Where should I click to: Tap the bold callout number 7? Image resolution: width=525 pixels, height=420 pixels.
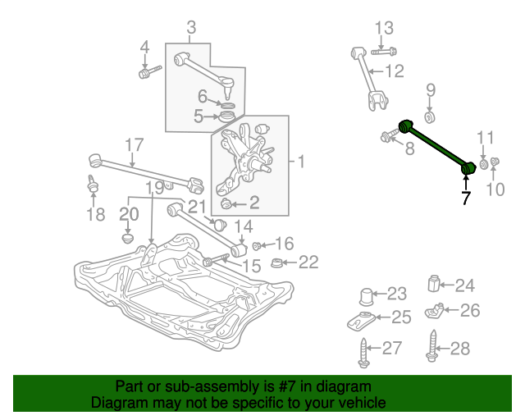pyautogui.click(x=466, y=198)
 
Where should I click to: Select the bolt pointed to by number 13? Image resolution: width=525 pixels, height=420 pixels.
pyautogui.click(x=384, y=52)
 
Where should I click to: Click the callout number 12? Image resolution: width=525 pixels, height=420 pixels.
pyautogui.click(x=395, y=71)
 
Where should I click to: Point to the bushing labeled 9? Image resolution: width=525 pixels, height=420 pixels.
pyautogui.click(x=430, y=117)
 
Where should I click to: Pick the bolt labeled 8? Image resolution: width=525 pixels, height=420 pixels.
pyautogui.click(x=389, y=135)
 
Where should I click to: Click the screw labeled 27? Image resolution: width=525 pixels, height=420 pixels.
pyautogui.click(x=363, y=353)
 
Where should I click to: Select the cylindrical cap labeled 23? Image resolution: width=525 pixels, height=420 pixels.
pyautogui.click(x=367, y=296)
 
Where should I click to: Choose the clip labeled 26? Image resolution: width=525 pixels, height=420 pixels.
pyautogui.click(x=434, y=311)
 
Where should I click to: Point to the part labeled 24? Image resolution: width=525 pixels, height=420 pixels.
pyautogui.click(x=434, y=284)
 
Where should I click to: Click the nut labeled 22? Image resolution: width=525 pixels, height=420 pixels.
pyautogui.click(x=276, y=263)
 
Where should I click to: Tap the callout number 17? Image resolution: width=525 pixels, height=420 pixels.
pyautogui.click(x=135, y=144)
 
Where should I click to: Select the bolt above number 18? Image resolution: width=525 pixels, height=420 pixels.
pyautogui.click(x=93, y=184)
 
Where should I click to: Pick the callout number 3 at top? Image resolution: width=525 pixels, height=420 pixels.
pyautogui.click(x=191, y=27)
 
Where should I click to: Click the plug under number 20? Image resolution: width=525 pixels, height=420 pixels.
pyautogui.click(x=128, y=239)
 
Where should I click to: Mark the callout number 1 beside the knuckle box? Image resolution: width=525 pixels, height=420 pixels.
pyautogui.click(x=301, y=161)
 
